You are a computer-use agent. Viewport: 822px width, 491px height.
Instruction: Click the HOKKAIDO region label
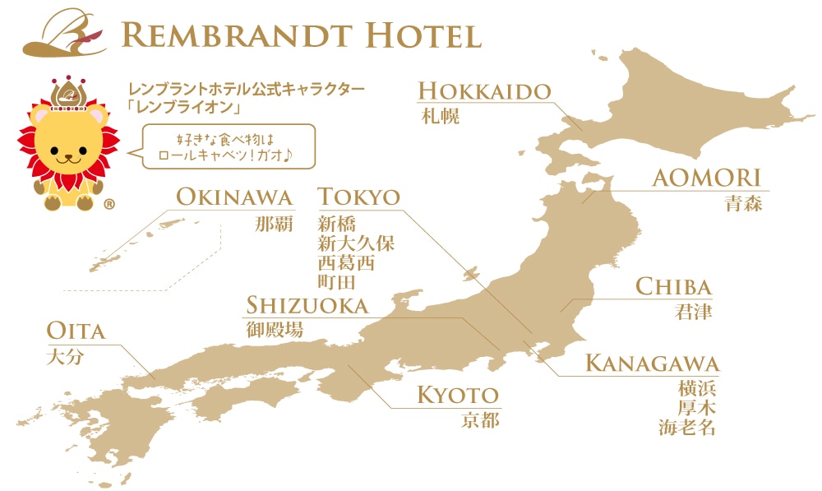[x=484, y=90]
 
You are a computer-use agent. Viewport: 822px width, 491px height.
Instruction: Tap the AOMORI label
[x=706, y=178]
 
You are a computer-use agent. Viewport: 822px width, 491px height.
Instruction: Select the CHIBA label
[x=673, y=287]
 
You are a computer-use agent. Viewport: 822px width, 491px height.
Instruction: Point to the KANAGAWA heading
[x=652, y=364]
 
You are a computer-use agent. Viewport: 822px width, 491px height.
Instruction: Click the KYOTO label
[x=458, y=395]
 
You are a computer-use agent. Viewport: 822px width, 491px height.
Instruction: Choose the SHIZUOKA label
[x=307, y=306]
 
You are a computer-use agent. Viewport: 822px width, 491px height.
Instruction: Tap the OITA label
[x=76, y=331]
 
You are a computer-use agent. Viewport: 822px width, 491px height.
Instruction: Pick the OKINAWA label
[x=234, y=197]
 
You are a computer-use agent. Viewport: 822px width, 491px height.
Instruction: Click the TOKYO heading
[x=359, y=197]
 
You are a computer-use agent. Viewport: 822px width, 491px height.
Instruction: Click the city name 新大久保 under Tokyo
[x=356, y=243]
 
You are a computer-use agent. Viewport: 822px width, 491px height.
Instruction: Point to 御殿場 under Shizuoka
[x=275, y=330]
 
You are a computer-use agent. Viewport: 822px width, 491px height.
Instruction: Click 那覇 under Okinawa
[x=274, y=223]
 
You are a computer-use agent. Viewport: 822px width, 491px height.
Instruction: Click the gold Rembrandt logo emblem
[x=65, y=33]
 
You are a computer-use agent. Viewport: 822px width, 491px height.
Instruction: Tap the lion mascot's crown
[x=67, y=91]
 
